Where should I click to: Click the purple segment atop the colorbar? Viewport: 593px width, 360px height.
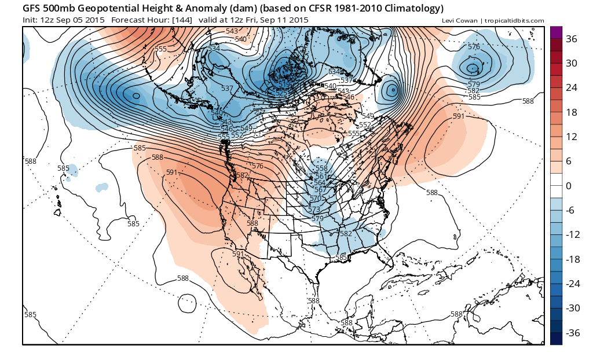[x=556, y=32]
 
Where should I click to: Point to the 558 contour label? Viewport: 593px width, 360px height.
[x=321, y=168]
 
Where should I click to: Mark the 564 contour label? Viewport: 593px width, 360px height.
[x=320, y=183]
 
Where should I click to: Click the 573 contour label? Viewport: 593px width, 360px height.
[x=314, y=210]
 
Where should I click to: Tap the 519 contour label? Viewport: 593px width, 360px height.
[x=284, y=85]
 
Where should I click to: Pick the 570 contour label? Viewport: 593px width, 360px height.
[x=316, y=198]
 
